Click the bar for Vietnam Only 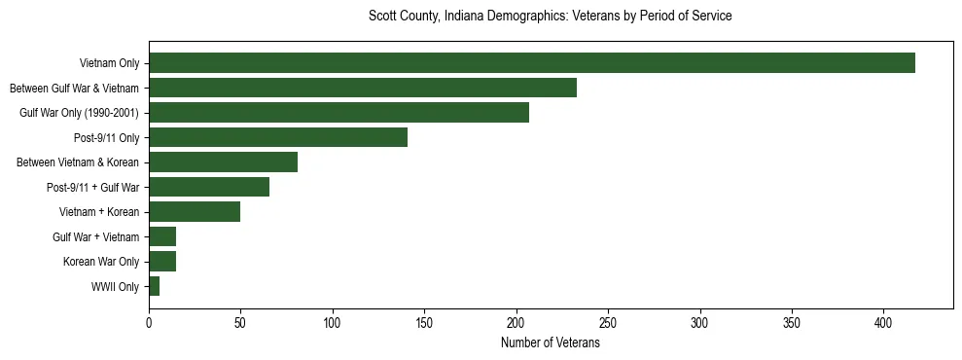click(x=532, y=63)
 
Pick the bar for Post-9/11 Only click(x=278, y=137)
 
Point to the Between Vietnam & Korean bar click(x=223, y=162)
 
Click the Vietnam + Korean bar click(x=195, y=212)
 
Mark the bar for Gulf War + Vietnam click(x=162, y=236)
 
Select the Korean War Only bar click(x=162, y=262)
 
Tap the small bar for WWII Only click(x=154, y=286)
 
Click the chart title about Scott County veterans click(x=550, y=17)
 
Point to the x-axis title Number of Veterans click(x=550, y=343)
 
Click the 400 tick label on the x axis click(x=884, y=321)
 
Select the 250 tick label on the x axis click(x=608, y=321)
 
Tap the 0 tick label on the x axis click(x=149, y=321)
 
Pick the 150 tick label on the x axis click(x=424, y=321)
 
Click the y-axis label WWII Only click(x=115, y=287)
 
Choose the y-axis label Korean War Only click(x=101, y=262)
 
